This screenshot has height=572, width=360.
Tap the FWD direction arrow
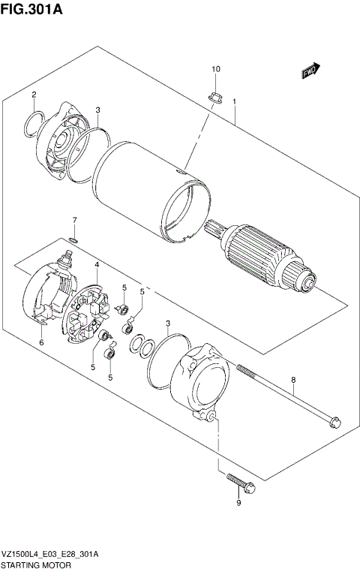(x=310, y=71)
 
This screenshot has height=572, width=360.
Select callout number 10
(x=215, y=70)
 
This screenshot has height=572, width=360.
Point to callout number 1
(x=235, y=101)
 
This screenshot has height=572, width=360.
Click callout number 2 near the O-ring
(x=34, y=95)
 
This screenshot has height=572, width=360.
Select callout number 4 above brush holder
(x=97, y=265)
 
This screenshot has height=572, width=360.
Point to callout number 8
(x=293, y=380)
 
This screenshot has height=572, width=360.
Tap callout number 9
(x=238, y=503)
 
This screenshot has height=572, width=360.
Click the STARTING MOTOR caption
(x=35, y=564)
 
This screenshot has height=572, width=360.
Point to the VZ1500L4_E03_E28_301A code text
(x=50, y=552)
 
